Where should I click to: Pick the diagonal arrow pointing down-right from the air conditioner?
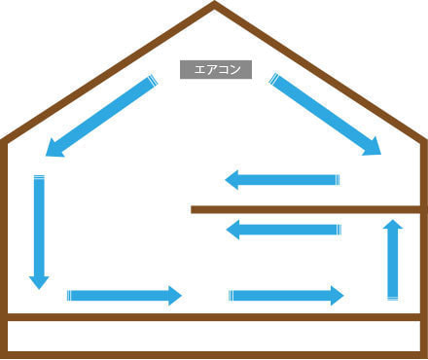[325, 116]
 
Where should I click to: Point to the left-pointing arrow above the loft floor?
[282, 180]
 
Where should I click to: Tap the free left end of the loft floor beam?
[195, 209]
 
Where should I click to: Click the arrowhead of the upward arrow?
[393, 226]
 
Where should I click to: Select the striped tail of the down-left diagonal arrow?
[153, 82]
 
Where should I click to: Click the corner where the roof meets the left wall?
[5, 142]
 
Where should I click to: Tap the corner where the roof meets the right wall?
[423, 142]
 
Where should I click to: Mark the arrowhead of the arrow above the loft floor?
[232, 180]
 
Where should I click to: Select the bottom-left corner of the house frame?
[5, 354]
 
